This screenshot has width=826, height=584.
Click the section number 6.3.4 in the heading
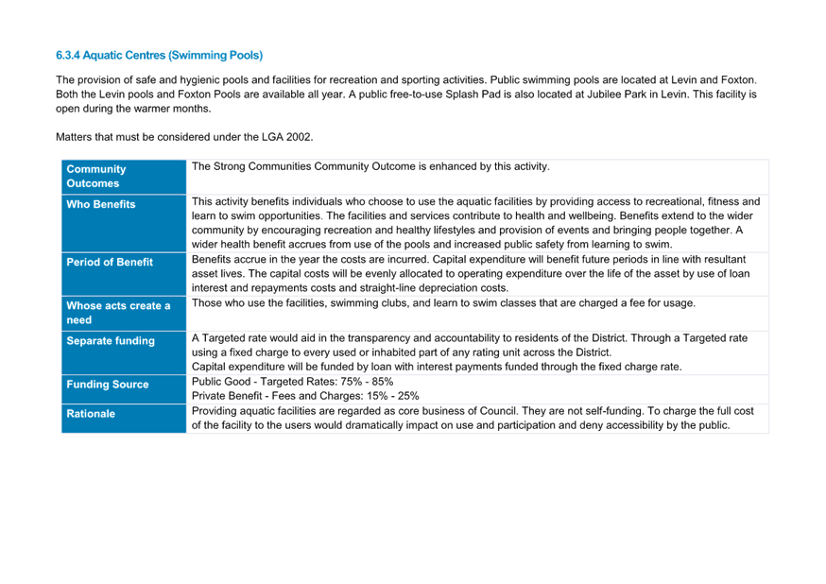click(68, 56)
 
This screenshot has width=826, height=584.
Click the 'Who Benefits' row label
click(100, 204)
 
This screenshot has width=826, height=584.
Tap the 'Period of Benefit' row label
click(110, 263)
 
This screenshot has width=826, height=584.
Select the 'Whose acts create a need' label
click(118, 313)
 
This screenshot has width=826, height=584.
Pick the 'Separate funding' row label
click(111, 341)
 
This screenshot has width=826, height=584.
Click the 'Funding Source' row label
click(108, 385)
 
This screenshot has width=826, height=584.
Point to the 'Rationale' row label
click(91, 414)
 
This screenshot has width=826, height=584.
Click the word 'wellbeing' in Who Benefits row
click(590, 215)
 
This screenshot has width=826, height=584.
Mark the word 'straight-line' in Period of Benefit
click(387, 288)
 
